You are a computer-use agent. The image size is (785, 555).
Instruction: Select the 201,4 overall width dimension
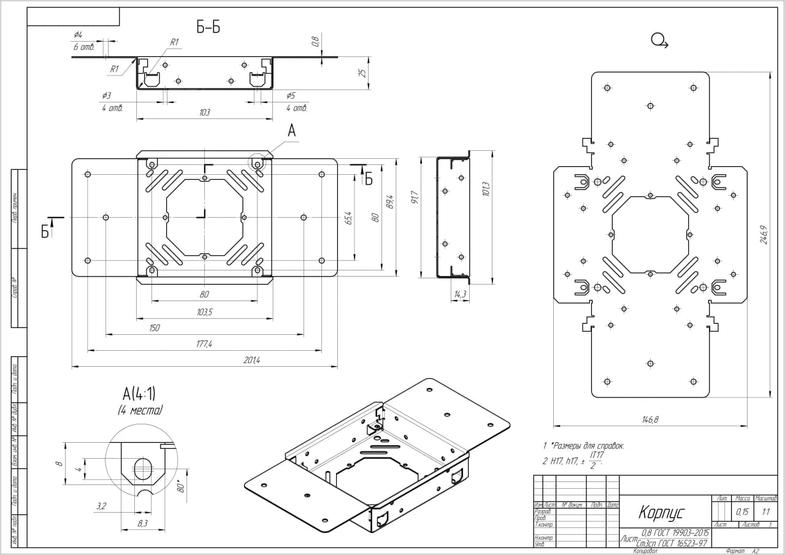point(252,361)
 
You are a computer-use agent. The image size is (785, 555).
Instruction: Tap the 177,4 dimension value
point(204,345)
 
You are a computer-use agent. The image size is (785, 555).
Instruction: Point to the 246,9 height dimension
point(764,234)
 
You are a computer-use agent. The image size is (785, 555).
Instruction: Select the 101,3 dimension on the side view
point(486,189)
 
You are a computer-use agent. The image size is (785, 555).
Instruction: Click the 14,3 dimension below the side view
point(460,295)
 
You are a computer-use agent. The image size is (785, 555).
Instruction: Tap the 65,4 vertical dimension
point(348,218)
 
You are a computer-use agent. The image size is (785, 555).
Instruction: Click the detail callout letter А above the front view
point(292,131)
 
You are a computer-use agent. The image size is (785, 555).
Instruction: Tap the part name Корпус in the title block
point(661,512)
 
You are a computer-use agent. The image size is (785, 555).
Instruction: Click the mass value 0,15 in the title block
point(742,511)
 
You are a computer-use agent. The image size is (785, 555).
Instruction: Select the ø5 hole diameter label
point(291,96)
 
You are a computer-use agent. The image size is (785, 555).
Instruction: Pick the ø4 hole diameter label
point(78,34)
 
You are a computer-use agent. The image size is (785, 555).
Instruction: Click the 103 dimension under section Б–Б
point(204,112)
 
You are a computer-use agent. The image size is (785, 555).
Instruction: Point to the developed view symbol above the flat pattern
point(659,41)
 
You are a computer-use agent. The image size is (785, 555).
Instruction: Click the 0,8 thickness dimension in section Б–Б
point(315,42)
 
